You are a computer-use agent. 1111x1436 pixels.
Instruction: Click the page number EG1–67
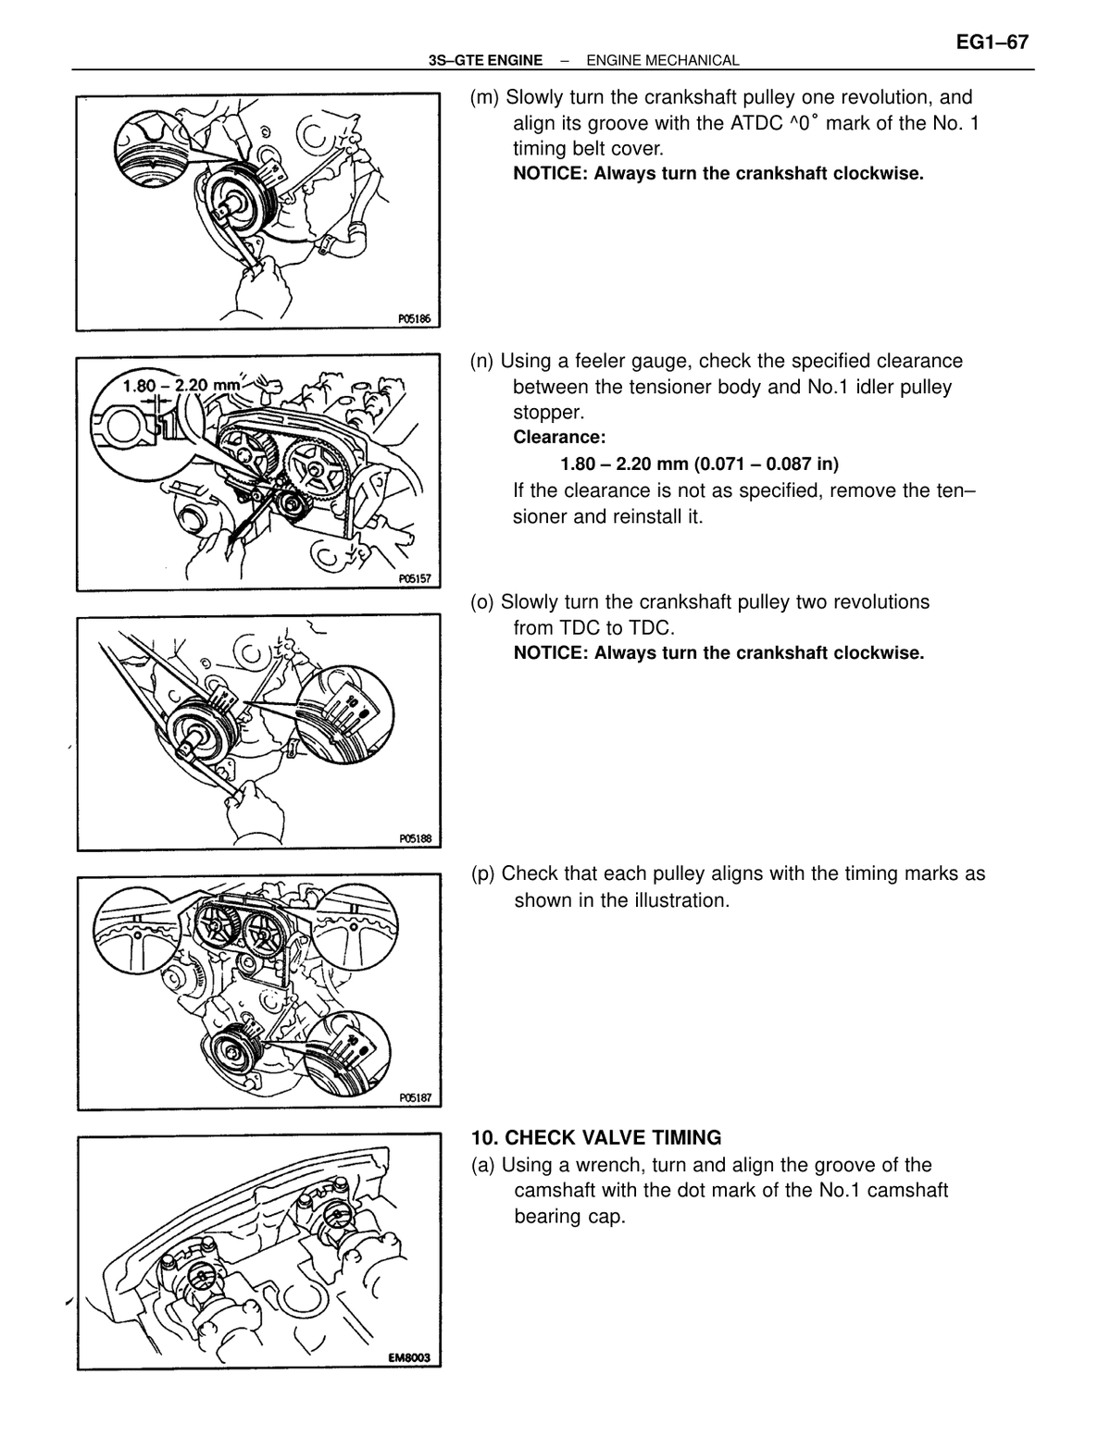992,43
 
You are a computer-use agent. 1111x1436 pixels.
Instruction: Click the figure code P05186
415,318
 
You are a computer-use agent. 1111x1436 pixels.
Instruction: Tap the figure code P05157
415,579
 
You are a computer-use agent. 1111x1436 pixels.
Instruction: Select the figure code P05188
415,838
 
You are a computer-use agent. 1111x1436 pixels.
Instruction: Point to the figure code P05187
415,1097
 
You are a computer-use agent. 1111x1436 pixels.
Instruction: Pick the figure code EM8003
409,1357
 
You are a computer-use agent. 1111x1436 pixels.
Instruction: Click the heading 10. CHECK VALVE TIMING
596,1137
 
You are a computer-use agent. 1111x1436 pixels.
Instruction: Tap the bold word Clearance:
559,437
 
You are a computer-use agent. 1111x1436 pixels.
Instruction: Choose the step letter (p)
483,873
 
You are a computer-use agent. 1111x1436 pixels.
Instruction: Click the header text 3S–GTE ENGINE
485,61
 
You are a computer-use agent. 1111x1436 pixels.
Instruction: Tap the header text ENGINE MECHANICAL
663,61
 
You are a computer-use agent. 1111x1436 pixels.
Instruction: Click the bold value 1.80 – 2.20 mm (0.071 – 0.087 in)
699,464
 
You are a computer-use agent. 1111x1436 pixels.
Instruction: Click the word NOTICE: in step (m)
551,174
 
